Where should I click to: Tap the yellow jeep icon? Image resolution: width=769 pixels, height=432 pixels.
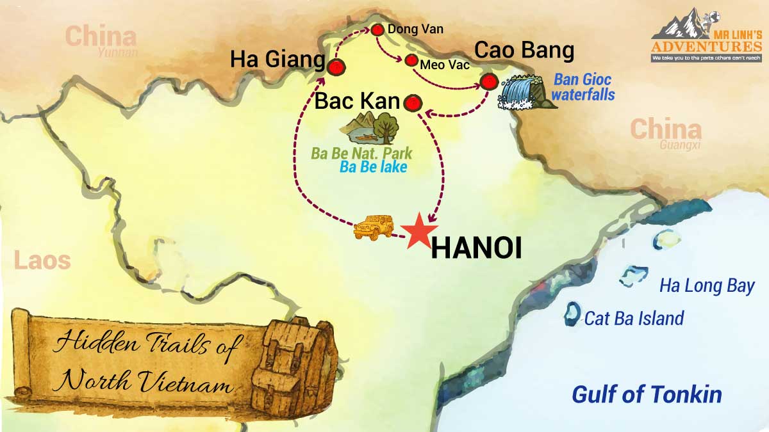(374, 227)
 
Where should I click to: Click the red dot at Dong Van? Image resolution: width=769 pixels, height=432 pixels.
(377, 30)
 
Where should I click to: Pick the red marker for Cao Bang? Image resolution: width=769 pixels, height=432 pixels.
(489, 81)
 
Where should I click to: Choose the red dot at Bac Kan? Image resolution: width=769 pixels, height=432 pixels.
(412, 103)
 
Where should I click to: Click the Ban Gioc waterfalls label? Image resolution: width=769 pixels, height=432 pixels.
(583, 88)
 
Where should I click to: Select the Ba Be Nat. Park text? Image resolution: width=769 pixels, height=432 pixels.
(361, 154)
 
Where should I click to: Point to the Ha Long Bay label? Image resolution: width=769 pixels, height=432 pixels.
(707, 286)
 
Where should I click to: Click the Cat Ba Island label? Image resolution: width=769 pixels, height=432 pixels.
(634, 318)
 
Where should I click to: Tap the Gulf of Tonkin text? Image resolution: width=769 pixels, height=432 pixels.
(647, 394)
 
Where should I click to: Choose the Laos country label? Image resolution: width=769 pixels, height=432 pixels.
(42, 261)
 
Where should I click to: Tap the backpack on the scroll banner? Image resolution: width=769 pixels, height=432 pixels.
(291, 362)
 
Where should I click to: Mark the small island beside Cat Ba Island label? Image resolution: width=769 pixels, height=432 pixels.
(570, 315)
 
